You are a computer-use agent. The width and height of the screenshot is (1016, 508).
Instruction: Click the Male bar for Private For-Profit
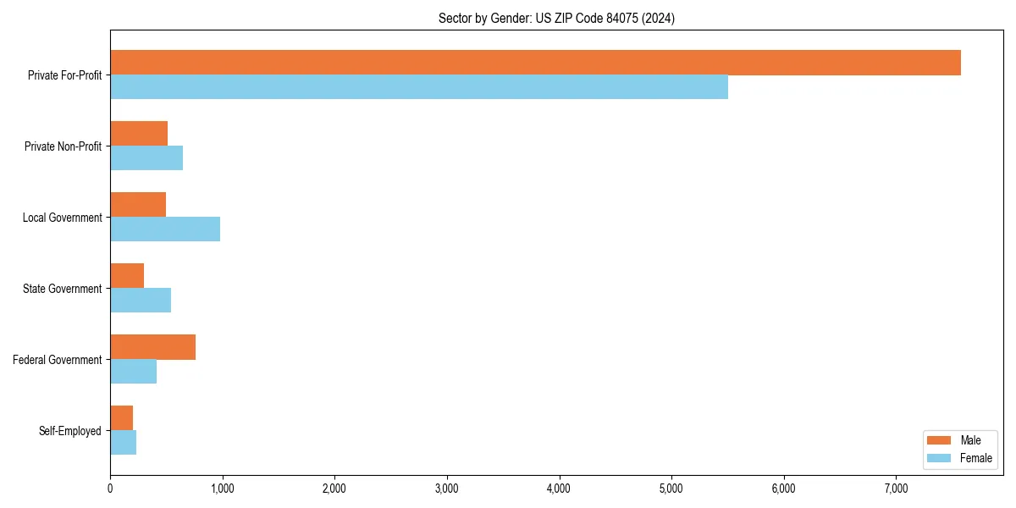point(535,63)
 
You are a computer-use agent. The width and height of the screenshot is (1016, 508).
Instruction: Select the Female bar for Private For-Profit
point(419,87)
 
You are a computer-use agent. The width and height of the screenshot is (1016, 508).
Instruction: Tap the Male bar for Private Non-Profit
point(139,134)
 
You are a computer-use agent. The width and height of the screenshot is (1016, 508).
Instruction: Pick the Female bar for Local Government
point(165,229)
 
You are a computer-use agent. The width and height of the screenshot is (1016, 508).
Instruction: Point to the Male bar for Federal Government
point(152,347)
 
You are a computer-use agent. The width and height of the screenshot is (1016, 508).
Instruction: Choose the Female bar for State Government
point(141,301)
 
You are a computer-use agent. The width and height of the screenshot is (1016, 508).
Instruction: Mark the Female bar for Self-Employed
point(124,443)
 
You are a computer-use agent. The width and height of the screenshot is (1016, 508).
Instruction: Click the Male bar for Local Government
point(138,205)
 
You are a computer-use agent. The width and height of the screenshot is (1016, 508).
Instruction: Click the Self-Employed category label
point(70,431)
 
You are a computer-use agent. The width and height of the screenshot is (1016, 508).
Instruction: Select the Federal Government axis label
point(58,360)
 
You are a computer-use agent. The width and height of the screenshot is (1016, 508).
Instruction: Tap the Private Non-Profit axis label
point(63,146)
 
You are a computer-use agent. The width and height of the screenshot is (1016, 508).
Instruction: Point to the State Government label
point(63,289)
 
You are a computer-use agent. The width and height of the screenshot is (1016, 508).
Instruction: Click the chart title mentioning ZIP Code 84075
point(556,18)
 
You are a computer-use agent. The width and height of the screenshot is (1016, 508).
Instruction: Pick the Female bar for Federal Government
point(134,372)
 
